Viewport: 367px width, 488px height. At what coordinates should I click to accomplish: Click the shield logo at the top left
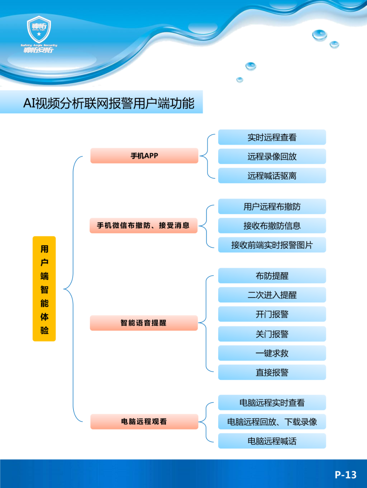(39, 30)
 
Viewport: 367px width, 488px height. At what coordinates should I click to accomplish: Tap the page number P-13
(345, 474)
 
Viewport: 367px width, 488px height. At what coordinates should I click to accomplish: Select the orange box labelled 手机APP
(144, 156)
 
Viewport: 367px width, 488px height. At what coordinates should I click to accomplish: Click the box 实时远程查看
(272, 137)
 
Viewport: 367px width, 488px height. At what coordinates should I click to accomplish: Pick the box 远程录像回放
(272, 156)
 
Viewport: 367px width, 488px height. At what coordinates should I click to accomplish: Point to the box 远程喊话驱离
(272, 176)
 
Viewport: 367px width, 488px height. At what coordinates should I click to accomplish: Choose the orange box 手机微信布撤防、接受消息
(143, 226)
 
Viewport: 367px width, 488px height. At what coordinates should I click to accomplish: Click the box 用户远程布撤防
(272, 207)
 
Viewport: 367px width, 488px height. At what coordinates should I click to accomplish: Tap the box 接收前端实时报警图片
(272, 245)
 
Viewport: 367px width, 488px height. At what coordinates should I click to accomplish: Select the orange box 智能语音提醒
(143, 323)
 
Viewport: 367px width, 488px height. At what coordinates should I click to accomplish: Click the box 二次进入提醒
(272, 295)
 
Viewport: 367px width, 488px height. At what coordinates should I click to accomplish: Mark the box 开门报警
(272, 314)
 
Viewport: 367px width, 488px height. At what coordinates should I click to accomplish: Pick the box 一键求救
(272, 353)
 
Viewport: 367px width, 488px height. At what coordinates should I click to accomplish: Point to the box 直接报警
(272, 372)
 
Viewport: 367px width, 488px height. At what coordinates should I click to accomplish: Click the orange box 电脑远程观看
(144, 422)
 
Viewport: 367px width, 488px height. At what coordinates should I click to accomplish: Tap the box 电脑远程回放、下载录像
(272, 422)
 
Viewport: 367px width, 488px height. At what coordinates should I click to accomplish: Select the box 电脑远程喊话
(272, 441)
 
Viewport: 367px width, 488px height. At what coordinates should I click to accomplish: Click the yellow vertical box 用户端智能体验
(44, 289)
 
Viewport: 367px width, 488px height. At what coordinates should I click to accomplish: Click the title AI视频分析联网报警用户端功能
(109, 103)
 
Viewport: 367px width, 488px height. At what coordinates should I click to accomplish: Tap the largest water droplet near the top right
(319, 35)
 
